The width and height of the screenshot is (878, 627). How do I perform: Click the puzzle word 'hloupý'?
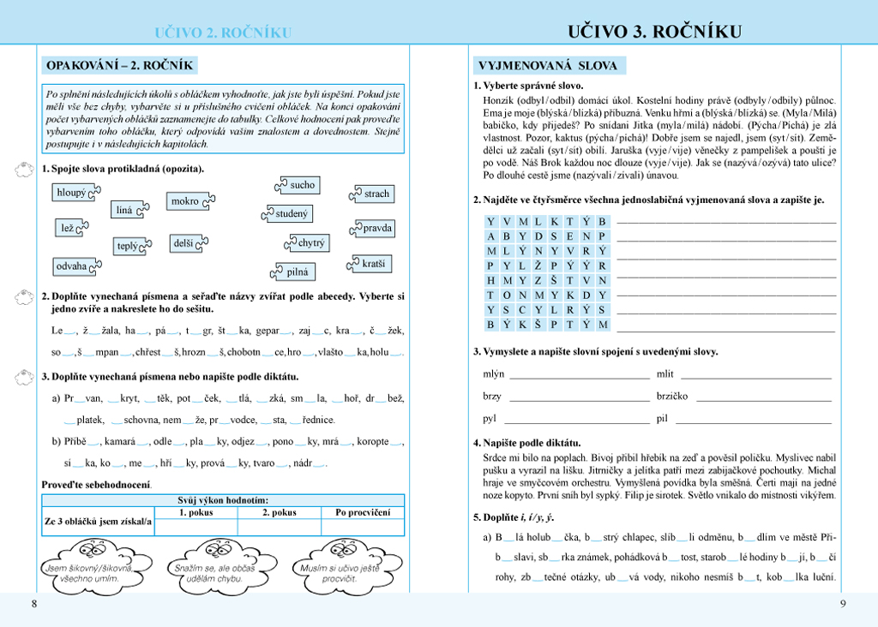[72, 193]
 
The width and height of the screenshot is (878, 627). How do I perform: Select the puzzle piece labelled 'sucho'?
[302, 185]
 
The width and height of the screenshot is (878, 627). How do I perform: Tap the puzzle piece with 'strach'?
[376, 194]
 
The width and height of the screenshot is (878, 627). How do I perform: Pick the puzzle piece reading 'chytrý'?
[310, 243]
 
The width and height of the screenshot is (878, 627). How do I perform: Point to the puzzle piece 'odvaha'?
[72, 266]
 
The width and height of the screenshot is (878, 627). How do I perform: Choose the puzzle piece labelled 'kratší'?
[373, 264]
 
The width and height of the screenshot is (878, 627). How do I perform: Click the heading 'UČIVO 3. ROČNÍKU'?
[654, 33]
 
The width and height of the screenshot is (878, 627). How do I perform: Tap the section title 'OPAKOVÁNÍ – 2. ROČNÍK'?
[119, 65]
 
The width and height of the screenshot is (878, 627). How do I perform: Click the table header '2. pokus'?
[279, 512]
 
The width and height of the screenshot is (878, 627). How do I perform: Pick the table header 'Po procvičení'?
[362, 512]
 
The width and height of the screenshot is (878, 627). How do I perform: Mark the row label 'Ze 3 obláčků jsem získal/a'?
[98, 521]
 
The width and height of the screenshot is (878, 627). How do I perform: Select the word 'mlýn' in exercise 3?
[494, 373]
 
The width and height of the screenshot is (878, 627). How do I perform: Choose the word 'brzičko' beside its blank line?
[672, 396]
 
